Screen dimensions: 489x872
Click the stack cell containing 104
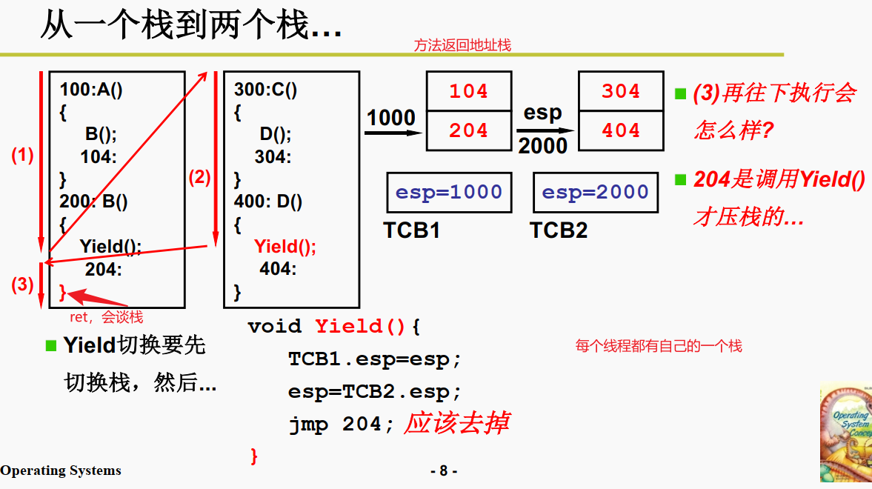[x=469, y=91]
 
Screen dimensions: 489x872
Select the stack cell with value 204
[x=469, y=130]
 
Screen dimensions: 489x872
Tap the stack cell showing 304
[x=620, y=91]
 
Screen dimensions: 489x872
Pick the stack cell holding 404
[x=620, y=130]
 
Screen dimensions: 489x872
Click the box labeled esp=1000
[x=449, y=193]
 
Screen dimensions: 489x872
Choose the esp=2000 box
[x=596, y=193]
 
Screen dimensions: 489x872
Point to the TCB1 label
[x=412, y=230]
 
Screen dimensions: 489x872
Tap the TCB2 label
[x=559, y=230]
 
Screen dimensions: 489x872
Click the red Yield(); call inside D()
[x=285, y=247]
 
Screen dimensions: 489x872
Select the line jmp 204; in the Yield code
[x=335, y=425]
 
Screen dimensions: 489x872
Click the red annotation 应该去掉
[x=456, y=423]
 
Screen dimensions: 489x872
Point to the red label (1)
[x=22, y=156]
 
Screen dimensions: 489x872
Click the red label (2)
[x=199, y=177]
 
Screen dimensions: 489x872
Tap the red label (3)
[x=22, y=284]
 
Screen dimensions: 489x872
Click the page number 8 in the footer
[x=443, y=470]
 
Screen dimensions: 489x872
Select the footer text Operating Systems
[x=61, y=470]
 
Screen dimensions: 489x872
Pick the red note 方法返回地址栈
[x=462, y=46]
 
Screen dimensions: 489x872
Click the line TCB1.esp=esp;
[x=375, y=359]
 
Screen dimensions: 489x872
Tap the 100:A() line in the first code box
[x=91, y=90]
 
